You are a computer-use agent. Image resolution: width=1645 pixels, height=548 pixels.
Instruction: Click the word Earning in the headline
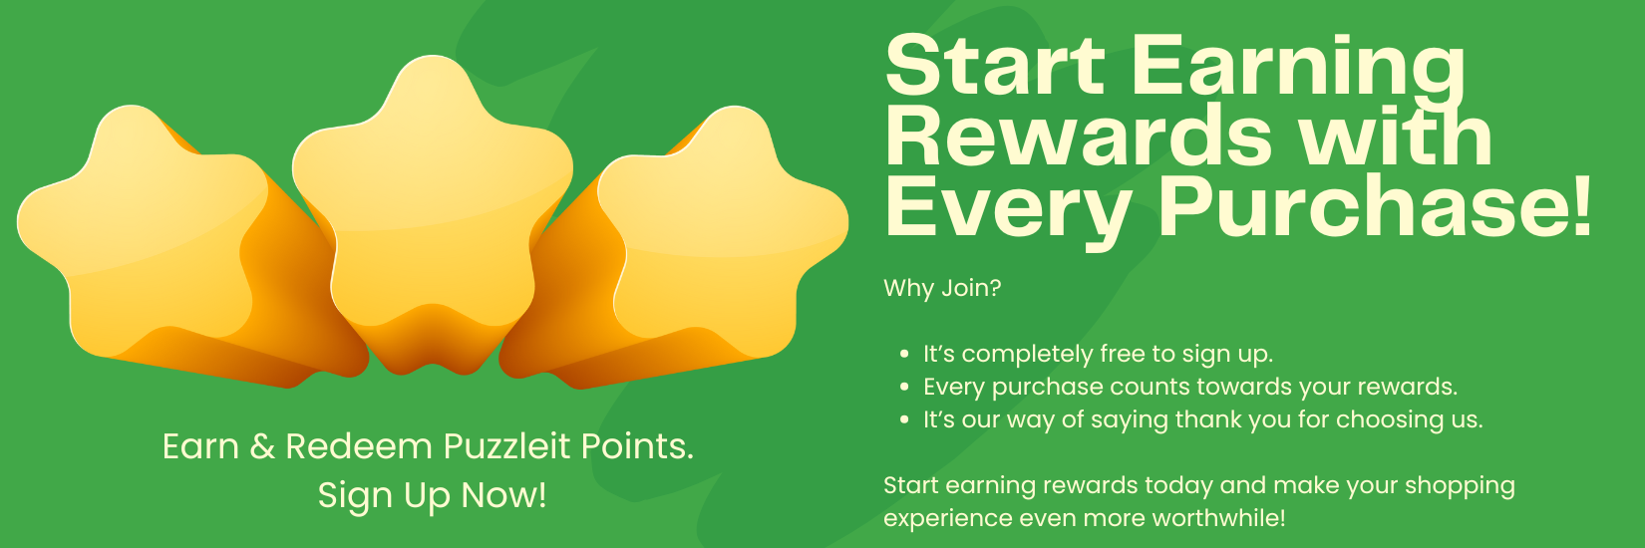(1298, 68)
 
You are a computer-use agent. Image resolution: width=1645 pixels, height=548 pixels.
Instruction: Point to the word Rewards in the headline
(1079, 137)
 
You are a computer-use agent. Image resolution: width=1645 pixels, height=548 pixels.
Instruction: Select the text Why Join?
(942, 288)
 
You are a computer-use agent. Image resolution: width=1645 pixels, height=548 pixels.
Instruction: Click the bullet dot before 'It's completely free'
(904, 355)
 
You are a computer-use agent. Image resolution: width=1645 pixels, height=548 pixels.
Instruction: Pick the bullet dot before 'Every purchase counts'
(904, 388)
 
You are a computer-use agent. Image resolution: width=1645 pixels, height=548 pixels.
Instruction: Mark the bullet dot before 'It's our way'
(904, 420)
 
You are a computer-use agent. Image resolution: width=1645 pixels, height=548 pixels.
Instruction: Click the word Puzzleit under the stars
(506, 446)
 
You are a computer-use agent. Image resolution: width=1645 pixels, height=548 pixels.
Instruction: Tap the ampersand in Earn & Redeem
(262, 446)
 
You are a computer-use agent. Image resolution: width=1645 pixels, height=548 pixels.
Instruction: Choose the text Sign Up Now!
(433, 496)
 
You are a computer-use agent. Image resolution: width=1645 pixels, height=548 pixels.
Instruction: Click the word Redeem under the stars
(359, 446)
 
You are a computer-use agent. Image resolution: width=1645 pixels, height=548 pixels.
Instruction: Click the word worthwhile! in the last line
(1219, 518)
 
